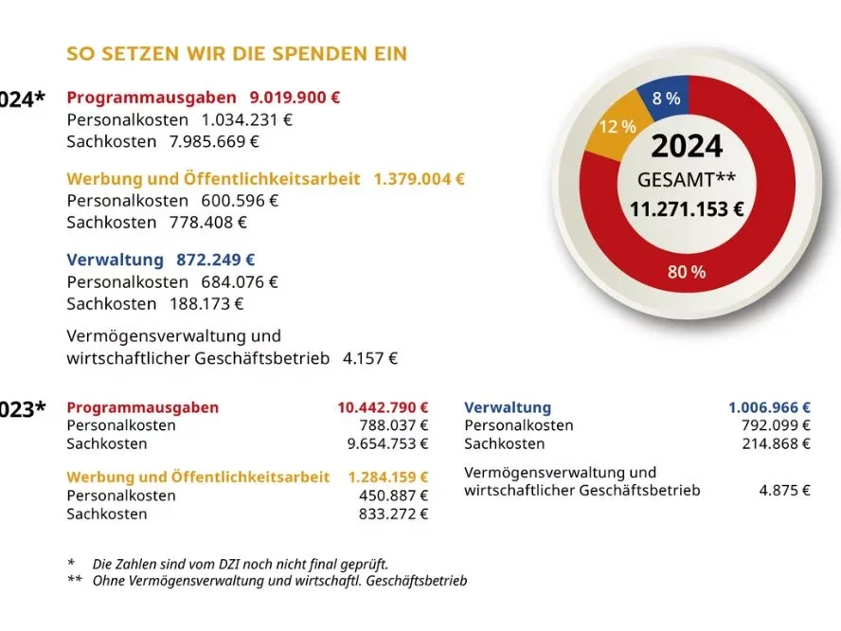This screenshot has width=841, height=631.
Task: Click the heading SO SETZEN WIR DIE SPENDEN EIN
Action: coord(237,53)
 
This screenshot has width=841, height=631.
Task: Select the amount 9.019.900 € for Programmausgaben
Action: coord(295,98)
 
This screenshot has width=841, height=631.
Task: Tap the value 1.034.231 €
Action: coord(247,120)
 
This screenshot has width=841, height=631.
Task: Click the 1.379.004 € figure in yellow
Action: coord(419,179)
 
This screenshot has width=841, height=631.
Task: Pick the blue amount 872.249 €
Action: coord(215,260)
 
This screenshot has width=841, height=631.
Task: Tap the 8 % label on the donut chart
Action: coord(666,98)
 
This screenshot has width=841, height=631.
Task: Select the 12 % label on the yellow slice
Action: coord(617,126)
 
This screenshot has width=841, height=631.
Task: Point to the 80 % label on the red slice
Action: coord(687,272)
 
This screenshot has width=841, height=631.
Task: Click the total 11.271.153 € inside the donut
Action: coord(687,209)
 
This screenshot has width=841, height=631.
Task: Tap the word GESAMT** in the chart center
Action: coord(687,179)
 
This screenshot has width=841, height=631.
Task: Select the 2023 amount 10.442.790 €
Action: coord(383,407)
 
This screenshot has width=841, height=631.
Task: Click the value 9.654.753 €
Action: coord(387,443)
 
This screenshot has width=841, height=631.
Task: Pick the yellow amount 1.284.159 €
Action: coord(387,478)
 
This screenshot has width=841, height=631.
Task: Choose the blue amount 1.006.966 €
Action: coord(769,407)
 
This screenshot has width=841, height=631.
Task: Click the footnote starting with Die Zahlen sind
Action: coord(241,564)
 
